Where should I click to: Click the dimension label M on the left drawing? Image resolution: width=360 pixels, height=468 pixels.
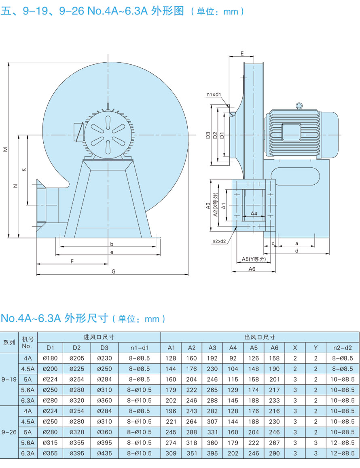pyautogui.click(x=5, y=149)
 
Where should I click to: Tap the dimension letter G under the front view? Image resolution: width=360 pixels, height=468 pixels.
pyautogui.click(x=114, y=272)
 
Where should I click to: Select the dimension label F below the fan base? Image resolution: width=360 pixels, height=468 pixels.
pyautogui.click(x=72, y=261)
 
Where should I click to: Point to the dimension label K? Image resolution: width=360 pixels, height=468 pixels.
pyautogui.click(x=24, y=170)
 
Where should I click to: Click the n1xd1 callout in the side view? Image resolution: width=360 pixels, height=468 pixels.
pyautogui.click(x=214, y=95)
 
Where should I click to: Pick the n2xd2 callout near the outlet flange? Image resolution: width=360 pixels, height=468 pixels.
pyautogui.click(x=219, y=241)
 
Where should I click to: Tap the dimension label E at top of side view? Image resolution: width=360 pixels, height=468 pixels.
pyautogui.click(x=241, y=53)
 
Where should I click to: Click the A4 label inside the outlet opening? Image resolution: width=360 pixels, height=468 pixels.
pyautogui.click(x=254, y=213)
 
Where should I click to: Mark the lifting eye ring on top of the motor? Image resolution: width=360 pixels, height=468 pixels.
pyautogui.click(x=299, y=106)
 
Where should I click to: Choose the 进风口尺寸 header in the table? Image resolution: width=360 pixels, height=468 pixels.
pyautogui.click(x=99, y=337)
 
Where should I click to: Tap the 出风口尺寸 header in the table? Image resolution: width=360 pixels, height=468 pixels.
pyautogui.click(x=260, y=337)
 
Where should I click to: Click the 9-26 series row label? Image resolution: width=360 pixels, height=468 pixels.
pyautogui.click(x=9, y=432)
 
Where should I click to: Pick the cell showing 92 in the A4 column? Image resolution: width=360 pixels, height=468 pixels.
pyautogui.click(x=233, y=358)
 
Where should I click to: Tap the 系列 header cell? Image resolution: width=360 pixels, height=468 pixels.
pyautogui.click(x=9, y=342)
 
